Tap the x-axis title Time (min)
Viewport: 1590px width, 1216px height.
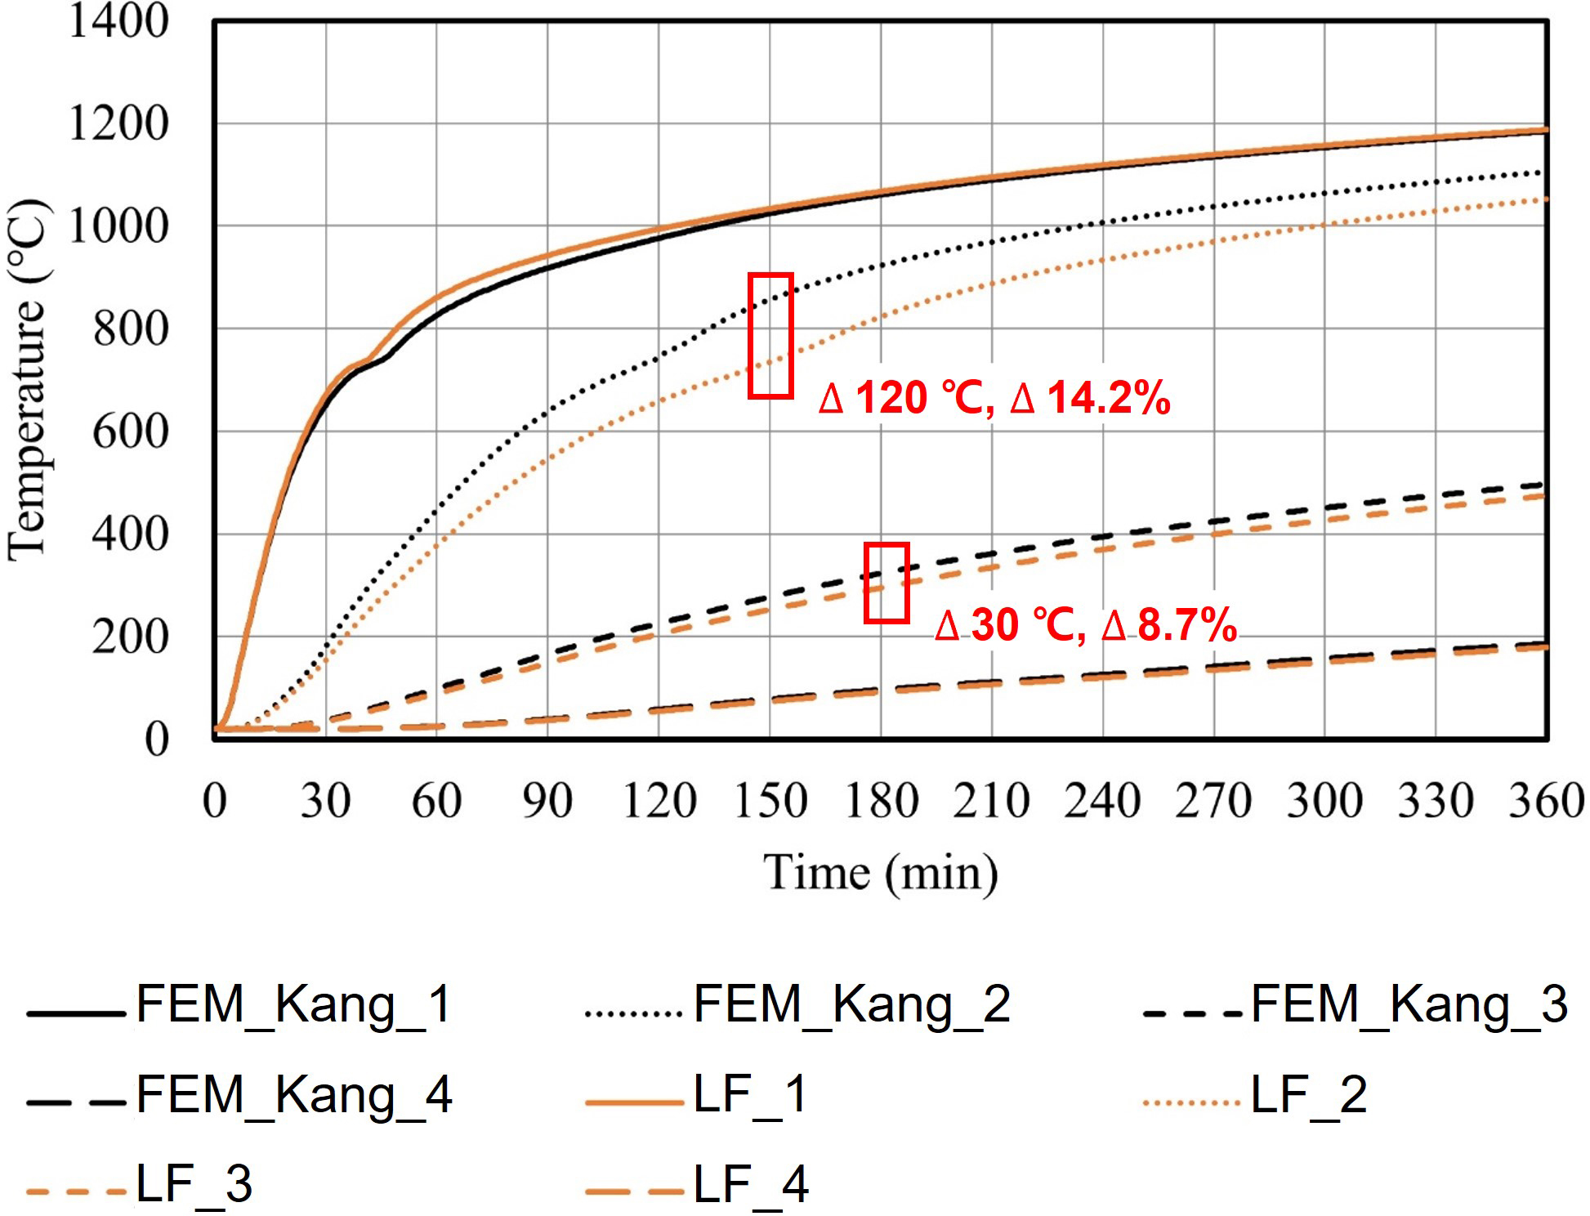(881, 873)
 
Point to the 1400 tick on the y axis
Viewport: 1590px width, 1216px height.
(118, 21)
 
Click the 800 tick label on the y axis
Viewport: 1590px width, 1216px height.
(131, 329)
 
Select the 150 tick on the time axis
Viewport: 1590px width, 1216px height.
(770, 801)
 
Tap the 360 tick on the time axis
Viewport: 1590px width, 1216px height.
(1546, 801)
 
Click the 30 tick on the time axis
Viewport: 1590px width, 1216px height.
(325, 801)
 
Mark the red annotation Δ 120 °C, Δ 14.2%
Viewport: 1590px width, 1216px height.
(994, 399)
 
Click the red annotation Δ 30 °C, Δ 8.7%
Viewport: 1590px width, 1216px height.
(1085, 625)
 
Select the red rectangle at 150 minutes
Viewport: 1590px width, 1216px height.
(770, 336)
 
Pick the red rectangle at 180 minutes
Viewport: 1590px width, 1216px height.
(887, 583)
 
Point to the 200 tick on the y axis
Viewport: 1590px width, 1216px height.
(131, 637)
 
